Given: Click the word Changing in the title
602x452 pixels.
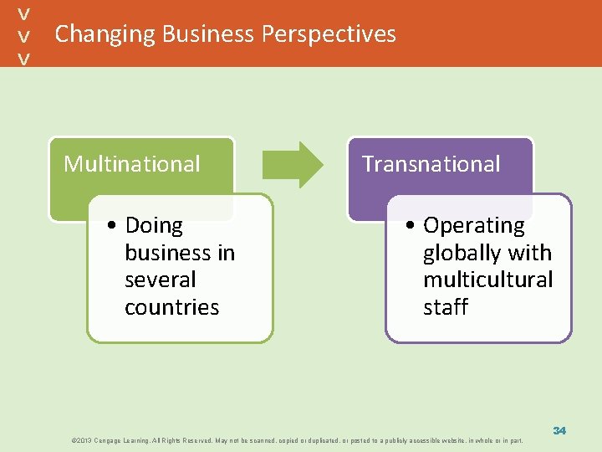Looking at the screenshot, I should coord(105,34).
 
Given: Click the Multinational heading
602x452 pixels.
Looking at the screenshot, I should coord(132,164).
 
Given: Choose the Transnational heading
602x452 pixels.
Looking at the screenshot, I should coord(431,164).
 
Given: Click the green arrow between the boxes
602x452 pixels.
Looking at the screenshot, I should coord(293,164).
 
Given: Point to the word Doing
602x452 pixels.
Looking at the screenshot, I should coord(154,226).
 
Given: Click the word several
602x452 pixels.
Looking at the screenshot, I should coord(160,280).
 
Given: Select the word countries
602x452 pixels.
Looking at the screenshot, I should coord(171,307).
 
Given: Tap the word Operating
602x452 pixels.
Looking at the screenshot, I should coord(474,226).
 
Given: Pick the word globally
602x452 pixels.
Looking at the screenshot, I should coord(461,253).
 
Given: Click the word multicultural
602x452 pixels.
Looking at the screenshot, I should coord(488,280).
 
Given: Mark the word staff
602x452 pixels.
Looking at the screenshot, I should coord(446,307).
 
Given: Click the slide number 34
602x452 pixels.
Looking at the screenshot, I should coord(559,430).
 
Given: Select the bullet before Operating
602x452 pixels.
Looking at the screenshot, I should coord(411,226).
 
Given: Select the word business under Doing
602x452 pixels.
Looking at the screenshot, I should coord(180,253).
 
